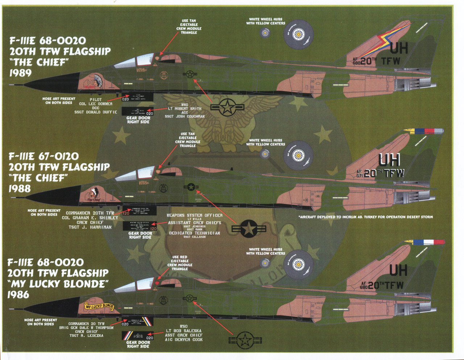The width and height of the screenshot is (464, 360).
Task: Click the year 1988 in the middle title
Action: click(20, 189)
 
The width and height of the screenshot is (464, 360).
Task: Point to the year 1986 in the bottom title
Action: click(18, 294)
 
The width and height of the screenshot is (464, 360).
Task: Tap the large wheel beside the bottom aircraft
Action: click(298, 264)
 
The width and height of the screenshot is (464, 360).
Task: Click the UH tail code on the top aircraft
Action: click(399, 48)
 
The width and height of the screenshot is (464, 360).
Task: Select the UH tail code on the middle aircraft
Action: click(389, 160)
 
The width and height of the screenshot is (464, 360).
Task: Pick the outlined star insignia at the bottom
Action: click(245, 340)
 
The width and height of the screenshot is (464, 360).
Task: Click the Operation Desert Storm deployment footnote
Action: click(365, 217)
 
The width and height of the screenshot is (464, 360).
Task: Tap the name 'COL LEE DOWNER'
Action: click(96, 104)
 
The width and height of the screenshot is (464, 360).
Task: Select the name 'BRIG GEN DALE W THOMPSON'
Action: click(87, 328)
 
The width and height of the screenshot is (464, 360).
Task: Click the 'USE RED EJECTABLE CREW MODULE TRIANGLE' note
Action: click(179, 263)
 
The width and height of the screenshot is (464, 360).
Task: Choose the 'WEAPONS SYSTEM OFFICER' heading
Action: click(194, 215)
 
